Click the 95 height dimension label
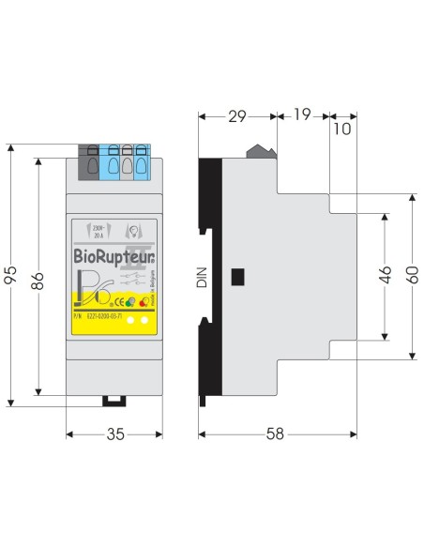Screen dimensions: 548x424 click(x=12, y=274)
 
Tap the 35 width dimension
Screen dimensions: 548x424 click(x=114, y=434)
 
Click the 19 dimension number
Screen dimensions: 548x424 click(x=302, y=116)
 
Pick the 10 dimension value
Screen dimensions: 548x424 click(x=341, y=129)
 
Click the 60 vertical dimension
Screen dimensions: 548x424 click(x=410, y=277)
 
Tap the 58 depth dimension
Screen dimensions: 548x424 click(x=275, y=434)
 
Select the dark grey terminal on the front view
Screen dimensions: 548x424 click(x=92, y=161)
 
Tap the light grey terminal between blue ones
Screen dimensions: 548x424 click(x=126, y=161)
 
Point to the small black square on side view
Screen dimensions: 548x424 click(x=238, y=277)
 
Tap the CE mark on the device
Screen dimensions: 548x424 click(x=119, y=302)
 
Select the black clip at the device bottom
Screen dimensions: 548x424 click(x=114, y=400)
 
